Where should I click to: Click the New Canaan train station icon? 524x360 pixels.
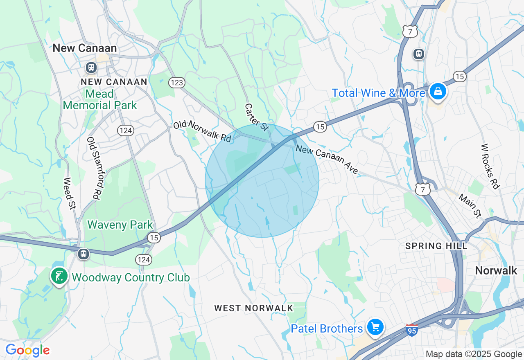click(x=90, y=67)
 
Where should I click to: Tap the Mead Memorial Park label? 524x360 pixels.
click(x=100, y=99)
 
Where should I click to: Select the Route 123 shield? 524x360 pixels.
click(x=177, y=83)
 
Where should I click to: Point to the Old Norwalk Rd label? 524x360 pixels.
click(x=203, y=131)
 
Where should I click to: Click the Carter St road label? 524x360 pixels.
click(x=257, y=117)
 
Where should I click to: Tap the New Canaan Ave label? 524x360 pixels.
click(x=327, y=160)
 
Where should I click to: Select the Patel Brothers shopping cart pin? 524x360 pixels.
click(x=375, y=327)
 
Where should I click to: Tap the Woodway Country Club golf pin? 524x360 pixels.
click(x=59, y=276)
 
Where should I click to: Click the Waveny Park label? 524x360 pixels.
click(x=120, y=225)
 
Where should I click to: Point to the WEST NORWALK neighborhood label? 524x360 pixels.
click(x=254, y=308)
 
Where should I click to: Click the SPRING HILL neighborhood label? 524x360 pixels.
click(x=436, y=246)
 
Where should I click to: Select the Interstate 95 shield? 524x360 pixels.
click(x=412, y=330)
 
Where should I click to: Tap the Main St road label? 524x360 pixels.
click(x=470, y=206)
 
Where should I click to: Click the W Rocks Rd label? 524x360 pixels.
click(x=490, y=166)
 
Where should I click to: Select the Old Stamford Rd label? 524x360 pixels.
click(x=94, y=168)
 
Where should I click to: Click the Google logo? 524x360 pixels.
click(x=27, y=350)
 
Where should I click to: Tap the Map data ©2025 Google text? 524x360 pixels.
click(x=474, y=354)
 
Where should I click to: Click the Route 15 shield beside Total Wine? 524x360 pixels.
click(x=460, y=76)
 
